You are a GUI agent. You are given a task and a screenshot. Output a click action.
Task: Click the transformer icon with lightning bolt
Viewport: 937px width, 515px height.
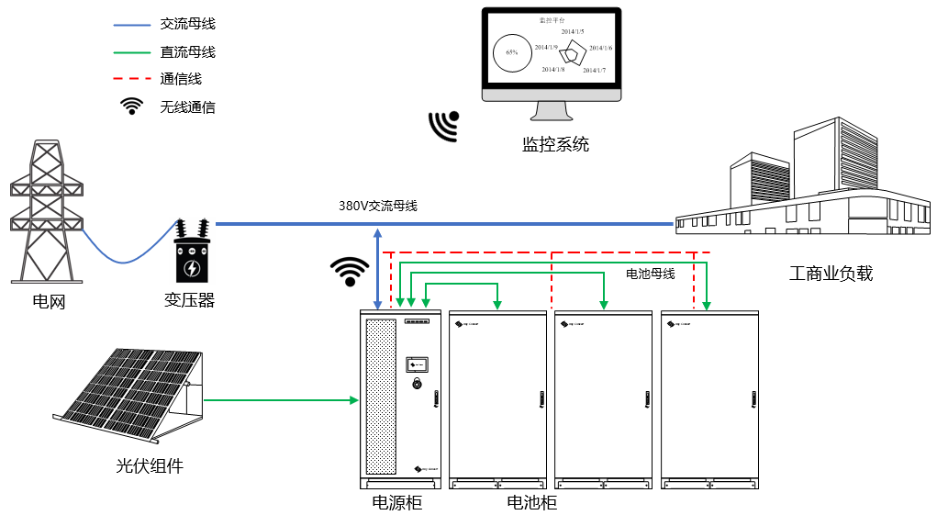(x=192, y=253)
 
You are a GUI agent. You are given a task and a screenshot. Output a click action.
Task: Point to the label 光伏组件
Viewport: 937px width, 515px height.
(x=150, y=465)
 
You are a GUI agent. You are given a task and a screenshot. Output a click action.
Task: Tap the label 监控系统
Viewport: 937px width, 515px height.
(x=554, y=144)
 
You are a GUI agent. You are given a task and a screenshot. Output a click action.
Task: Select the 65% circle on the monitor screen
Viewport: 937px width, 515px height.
(x=512, y=53)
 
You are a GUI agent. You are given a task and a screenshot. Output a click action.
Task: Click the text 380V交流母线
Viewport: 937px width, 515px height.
(x=377, y=207)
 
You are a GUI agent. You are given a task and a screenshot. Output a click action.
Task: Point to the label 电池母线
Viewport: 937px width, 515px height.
(x=650, y=274)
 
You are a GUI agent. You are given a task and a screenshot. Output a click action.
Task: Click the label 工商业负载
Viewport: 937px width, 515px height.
(x=831, y=273)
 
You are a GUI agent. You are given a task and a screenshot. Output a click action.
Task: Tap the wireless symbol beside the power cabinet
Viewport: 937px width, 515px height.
(x=349, y=272)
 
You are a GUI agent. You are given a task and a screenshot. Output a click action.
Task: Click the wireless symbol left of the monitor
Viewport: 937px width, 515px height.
(x=444, y=127)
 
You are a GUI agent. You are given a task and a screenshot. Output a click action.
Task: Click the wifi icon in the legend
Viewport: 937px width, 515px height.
(x=133, y=106)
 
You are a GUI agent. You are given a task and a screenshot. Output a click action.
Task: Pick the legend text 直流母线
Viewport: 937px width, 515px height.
(x=187, y=52)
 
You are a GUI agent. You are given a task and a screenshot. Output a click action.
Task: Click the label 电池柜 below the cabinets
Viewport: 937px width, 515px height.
(x=531, y=502)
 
